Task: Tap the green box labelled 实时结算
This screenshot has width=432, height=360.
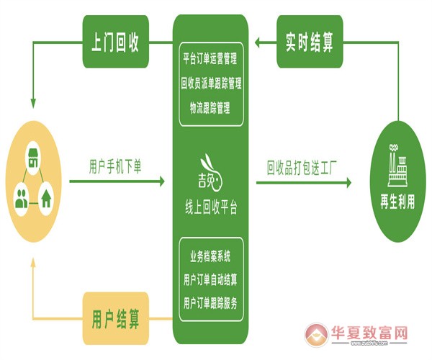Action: point(310,41)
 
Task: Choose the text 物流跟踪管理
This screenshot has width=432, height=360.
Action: point(211,108)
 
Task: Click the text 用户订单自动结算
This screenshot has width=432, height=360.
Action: point(211,279)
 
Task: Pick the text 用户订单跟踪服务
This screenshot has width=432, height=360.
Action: point(211,300)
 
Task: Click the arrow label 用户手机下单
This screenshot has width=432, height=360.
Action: point(115,166)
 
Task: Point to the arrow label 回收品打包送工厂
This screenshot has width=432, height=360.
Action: point(302,168)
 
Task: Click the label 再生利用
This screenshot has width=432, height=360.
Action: point(397,201)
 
